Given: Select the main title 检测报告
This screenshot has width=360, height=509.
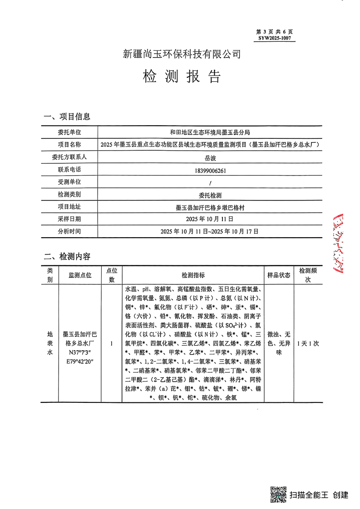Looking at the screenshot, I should coord(182,77).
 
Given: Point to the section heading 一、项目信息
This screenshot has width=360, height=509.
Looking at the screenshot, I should coord(67,117).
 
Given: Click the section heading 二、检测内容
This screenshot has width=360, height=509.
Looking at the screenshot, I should coord(67,256).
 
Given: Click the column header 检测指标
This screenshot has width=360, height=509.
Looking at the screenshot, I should coord(193,275).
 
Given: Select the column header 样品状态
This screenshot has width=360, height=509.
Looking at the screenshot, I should coord(279,275).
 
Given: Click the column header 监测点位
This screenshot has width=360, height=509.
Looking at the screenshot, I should coord(80,275).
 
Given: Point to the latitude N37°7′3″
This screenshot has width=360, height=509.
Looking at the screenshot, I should coord(80,352).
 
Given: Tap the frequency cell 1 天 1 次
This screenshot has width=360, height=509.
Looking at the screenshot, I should coord(307,343).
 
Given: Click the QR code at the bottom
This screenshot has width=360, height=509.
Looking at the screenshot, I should coord(278,494).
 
